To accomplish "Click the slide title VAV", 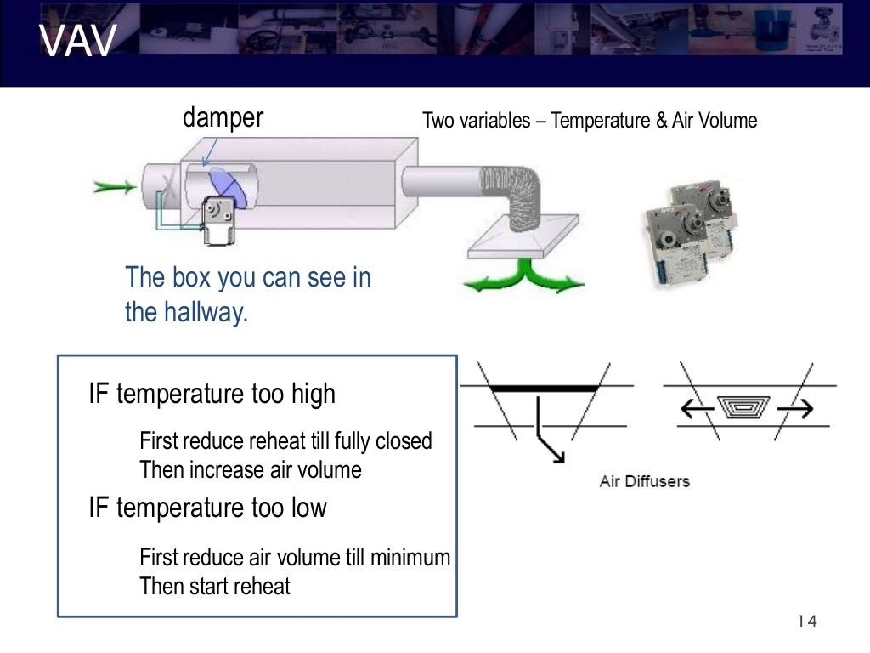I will click(x=77, y=43).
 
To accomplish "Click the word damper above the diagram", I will click(x=223, y=117).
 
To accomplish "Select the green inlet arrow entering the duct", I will click(x=114, y=186).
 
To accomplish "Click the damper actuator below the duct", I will click(x=218, y=219).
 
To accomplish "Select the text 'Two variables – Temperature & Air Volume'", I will click(x=589, y=121).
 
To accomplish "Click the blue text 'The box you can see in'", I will click(x=247, y=277).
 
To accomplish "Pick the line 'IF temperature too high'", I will click(x=212, y=394).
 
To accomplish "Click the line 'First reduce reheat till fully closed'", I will click(x=285, y=441).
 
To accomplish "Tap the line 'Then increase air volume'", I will click(x=250, y=469).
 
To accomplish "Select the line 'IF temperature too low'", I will click(x=207, y=508).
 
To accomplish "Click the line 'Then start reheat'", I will click(x=214, y=586).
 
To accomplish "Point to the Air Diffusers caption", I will click(x=644, y=481).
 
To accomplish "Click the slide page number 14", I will click(x=806, y=622).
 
